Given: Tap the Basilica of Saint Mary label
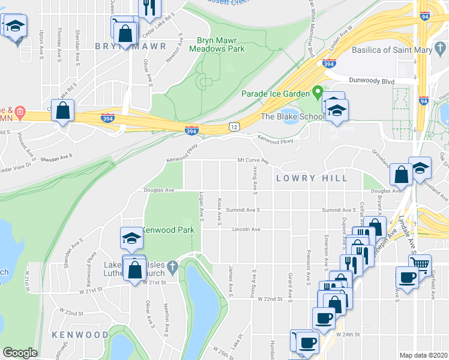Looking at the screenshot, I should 391,50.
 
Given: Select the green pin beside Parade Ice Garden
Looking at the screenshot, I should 317,94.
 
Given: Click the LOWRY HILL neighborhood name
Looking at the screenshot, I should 312,178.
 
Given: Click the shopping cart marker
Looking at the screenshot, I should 421,263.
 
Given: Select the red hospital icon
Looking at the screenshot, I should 20,112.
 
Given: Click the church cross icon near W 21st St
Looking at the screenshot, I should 172,265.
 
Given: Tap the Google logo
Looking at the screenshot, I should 20,353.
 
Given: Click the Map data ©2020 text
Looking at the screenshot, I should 424,355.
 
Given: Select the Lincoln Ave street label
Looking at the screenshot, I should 246,229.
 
